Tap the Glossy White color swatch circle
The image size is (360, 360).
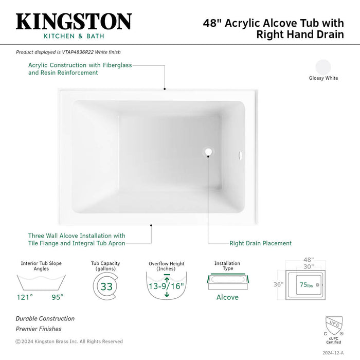tap(323, 67)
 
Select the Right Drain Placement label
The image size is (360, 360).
tap(260, 243)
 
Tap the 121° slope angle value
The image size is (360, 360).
tap(24, 297)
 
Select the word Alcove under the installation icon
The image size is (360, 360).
tap(227, 297)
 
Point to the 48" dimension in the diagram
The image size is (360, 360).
tap(309, 261)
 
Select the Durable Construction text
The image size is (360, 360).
tap(45, 319)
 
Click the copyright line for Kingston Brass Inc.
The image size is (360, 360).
tap(69, 341)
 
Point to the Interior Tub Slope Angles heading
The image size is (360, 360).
tap(41, 266)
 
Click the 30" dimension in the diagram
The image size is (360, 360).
tap(309, 267)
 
